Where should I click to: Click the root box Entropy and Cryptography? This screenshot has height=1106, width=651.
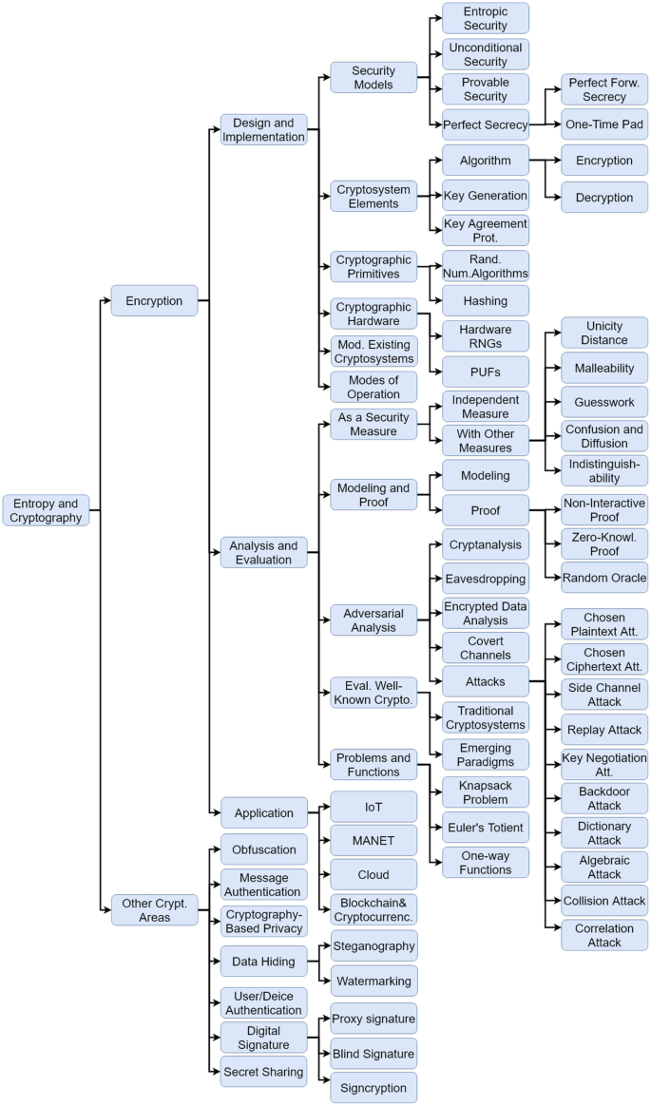coord(46,510)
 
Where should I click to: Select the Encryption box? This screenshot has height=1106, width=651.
coord(154,301)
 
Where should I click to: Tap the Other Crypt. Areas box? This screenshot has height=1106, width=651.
coord(154,909)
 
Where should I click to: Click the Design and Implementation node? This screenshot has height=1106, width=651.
coord(263,129)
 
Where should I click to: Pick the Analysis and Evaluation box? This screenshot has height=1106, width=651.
coord(263,552)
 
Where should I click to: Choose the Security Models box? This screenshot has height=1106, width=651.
coord(373,78)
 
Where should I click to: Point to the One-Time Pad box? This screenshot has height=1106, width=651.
coord(603,124)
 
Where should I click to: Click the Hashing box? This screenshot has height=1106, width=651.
coord(485,301)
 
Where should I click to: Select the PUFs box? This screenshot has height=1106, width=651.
coord(485,371)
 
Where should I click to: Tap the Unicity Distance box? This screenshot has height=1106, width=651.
coord(603,333)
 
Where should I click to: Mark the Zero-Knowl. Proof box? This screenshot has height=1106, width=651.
coord(603,543)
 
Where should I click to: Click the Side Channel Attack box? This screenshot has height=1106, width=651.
coord(603,695)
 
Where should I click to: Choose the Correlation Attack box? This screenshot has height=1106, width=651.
coord(603,935)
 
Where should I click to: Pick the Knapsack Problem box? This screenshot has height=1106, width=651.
coord(485,792)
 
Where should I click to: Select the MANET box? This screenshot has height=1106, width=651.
coord(373,841)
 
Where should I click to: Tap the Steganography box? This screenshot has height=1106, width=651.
coord(373,946)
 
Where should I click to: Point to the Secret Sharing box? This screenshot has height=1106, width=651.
coord(263,1072)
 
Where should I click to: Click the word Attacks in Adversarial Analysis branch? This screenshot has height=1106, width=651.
coord(485,682)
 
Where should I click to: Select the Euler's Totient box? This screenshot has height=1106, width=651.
coord(485,828)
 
